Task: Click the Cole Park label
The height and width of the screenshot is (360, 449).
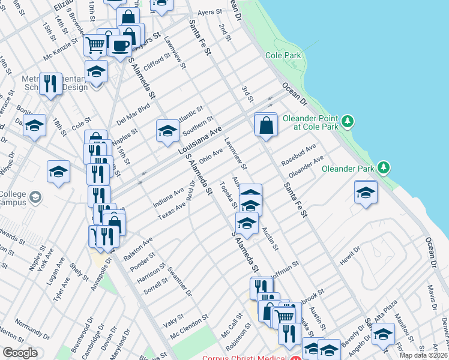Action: (283, 56)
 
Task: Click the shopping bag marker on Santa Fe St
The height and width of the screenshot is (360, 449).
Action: (266, 126)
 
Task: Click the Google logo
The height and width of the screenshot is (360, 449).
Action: (20, 353)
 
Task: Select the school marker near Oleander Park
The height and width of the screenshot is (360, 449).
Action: (366, 193)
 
